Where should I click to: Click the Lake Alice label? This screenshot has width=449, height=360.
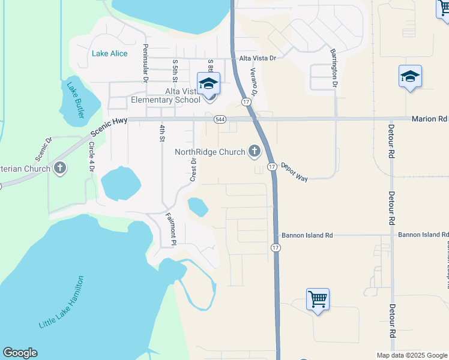click(x=110, y=53)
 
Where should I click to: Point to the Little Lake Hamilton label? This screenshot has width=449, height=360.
click(x=61, y=302)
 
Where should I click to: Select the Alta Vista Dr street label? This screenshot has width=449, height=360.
click(x=257, y=58)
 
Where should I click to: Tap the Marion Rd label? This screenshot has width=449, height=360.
click(x=430, y=119)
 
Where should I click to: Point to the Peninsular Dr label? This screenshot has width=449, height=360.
click(x=145, y=62)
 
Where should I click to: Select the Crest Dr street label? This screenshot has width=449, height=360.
click(x=193, y=169)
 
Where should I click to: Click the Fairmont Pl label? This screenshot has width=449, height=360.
click(x=170, y=229)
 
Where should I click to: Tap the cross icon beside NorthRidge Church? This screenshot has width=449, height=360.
click(x=254, y=152)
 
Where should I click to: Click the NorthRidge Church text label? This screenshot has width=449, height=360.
click(x=210, y=152)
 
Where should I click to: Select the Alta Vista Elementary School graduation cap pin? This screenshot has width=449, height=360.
click(x=208, y=83)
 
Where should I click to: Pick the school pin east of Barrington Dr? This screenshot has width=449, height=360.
click(x=410, y=77)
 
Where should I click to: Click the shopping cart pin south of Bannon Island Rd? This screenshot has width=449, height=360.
click(x=318, y=299)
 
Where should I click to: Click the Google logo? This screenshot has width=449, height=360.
click(x=20, y=353)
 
